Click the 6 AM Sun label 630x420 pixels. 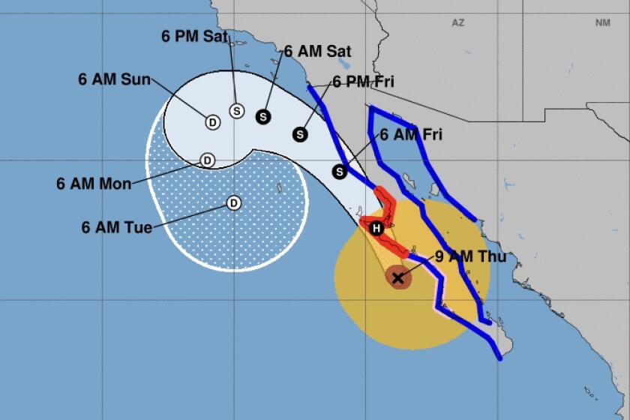115,79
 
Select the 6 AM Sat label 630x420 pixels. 317,52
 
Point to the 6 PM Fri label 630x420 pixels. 363,82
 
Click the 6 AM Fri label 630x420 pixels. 411,135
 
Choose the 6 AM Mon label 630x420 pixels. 94,183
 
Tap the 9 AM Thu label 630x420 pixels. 470,257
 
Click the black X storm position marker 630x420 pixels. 398,277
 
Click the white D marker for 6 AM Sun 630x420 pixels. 212,122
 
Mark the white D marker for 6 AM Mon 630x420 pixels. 208,160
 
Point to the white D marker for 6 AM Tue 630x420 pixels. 233,202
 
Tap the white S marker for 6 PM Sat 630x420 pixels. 237,111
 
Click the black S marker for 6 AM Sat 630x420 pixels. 262,116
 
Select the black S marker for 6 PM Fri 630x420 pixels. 300,134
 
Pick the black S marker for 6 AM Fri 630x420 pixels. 340,172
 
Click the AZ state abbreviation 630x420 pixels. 457,23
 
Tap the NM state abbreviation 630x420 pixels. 602,23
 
